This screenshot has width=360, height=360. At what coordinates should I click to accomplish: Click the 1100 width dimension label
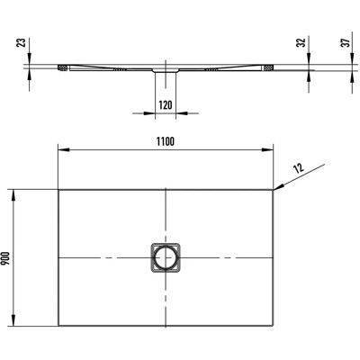click(x=166, y=141)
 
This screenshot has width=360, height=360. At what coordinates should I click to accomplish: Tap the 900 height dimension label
click(x=6, y=258)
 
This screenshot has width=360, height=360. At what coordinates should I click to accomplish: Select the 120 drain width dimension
click(x=166, y=105)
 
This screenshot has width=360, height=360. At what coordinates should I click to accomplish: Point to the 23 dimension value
click(x=21, y=42)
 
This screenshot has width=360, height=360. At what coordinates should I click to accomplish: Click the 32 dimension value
click(x=301, y=42)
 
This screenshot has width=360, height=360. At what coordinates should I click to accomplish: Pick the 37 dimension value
click(x=346, y=42)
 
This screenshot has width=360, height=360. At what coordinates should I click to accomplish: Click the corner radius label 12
click(x=299, y=167)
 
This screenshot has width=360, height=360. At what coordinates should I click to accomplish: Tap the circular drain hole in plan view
click(x=166, y=257)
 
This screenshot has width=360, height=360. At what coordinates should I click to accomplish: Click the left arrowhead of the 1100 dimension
click(x=64, y=149)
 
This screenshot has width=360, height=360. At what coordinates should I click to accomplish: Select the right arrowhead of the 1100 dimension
click(x=267, y=149)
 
